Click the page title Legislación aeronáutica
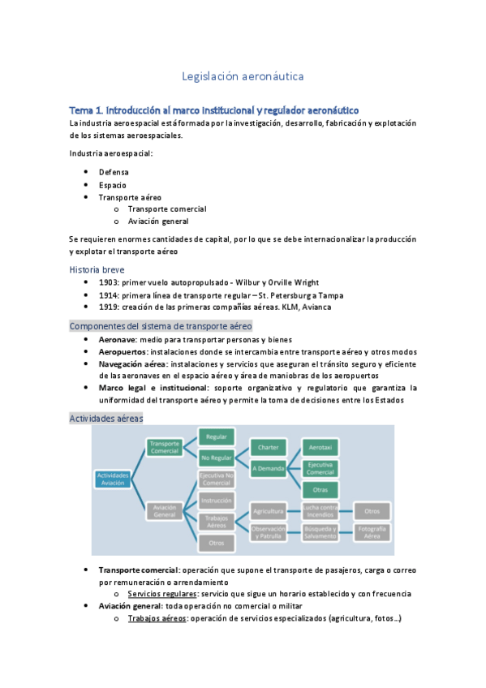pos(243,76)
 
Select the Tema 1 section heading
pos(214,110)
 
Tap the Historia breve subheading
pos(97,269)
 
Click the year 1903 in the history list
pos(110,282)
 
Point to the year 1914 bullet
pos(110,295)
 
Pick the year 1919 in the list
pos(110,307)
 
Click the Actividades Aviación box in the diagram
pos(113,479)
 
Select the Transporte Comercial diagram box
pos(164,447)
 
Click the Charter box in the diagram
pos(269,447)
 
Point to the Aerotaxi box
pos(320,447)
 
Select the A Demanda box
pos(269,468)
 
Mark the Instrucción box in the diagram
pos(217,501)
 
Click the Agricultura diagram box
pos(269,511)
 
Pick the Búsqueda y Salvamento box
pos(320,532)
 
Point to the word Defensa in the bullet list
pos(114,172)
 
